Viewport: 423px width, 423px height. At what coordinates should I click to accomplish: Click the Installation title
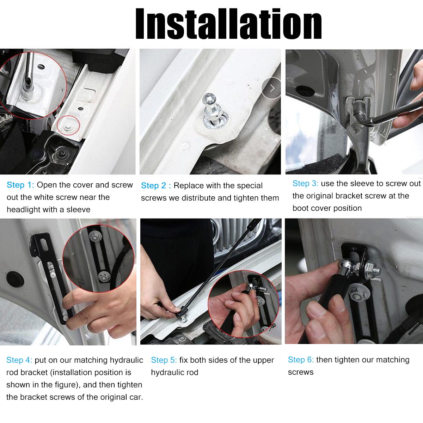pyautogui.click(x=228, y=24)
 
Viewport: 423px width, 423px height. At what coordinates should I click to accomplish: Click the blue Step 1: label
pyautogui.click(x=20, y=185)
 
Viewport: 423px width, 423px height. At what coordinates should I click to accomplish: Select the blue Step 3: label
pyautogui.click(x=305, y=184)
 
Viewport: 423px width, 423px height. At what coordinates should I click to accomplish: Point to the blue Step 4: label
pyautogui.click(x=19, y=360)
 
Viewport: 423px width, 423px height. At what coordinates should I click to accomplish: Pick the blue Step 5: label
pyautogui.click(x=164, y=360)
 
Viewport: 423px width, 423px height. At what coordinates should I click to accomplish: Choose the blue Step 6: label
pyautogui.click(x=301, y=360)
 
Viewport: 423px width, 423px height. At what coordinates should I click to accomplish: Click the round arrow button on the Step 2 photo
pyautogui.click(x=271, y=88)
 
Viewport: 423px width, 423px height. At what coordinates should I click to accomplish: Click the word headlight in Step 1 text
pyautogui.click(x=24, y=210)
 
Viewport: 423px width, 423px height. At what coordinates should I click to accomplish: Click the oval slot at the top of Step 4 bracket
pyautogui.click(x=44, y=244)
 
